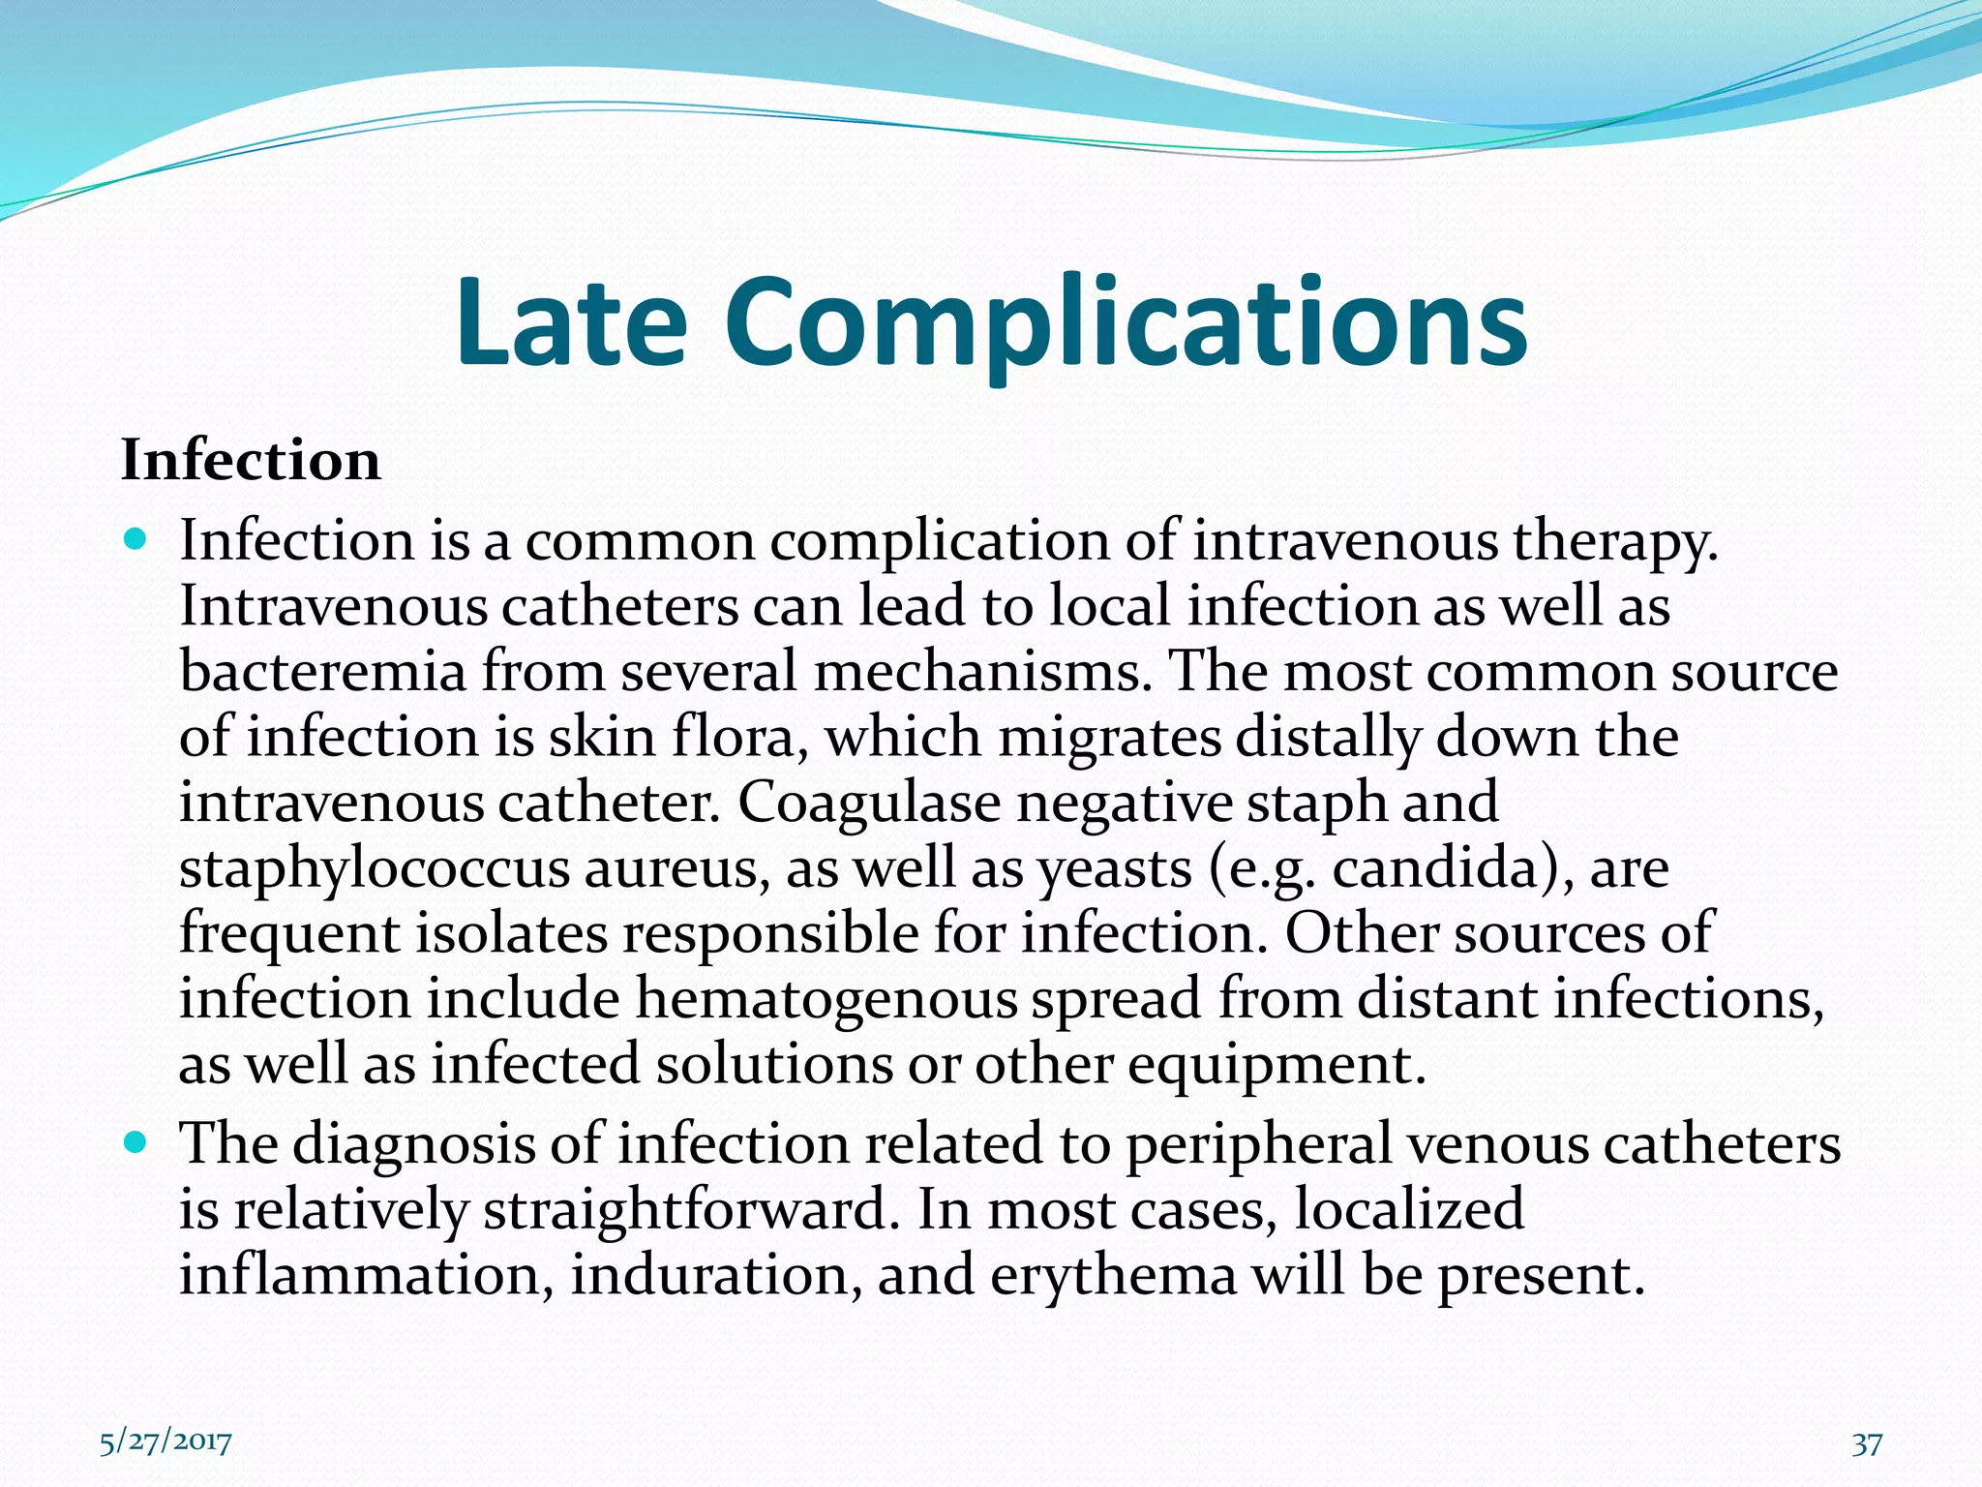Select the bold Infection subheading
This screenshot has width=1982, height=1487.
click(x=251, y=460)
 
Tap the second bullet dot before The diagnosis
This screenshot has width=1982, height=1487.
click(x=135, y=1141)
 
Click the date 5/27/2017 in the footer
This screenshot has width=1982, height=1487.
click(x=165, y=1442)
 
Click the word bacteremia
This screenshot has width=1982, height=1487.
click(x=322, y=671)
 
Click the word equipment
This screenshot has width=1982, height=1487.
click(x=1276, y=1067)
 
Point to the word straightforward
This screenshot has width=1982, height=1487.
click(x=685, y=1210)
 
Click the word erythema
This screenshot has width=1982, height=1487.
click(x=1113, y=1276)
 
